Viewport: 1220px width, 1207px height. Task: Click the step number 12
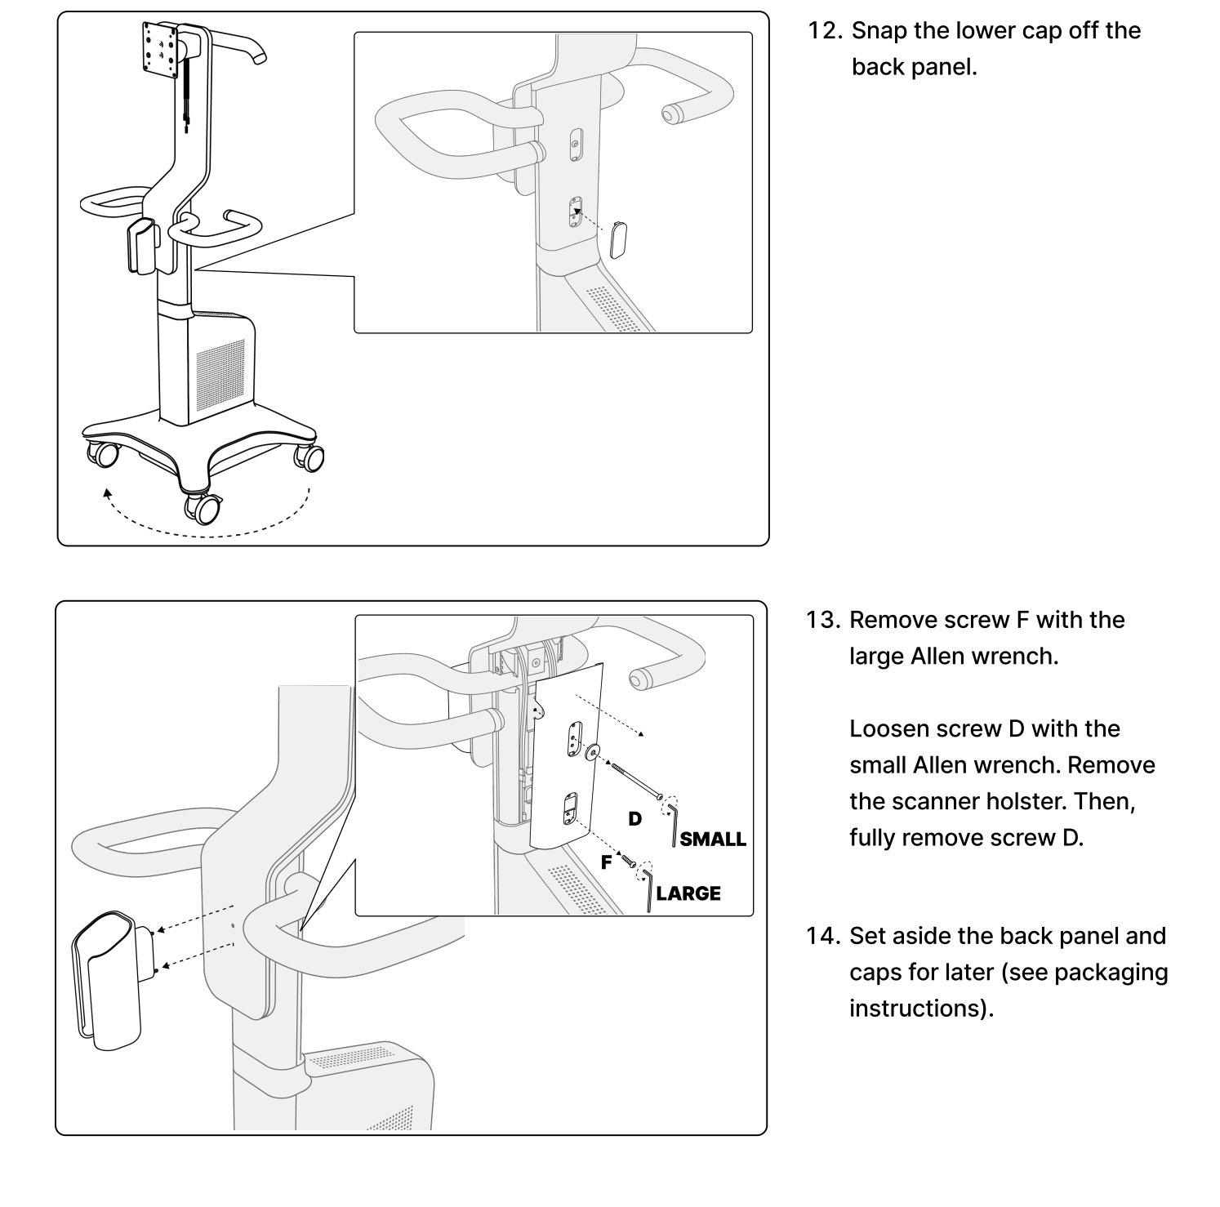click(825, 31)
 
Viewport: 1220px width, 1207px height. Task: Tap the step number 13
click(823, 620)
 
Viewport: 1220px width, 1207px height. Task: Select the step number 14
click(823, 936)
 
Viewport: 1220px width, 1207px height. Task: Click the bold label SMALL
click(713, 840)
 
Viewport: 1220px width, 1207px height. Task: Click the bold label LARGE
click(688, 893)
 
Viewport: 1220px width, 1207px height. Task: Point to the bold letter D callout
click(634, 818)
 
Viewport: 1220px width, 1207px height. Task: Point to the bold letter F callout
click(606, 862)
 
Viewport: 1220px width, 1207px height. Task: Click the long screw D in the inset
click(631, 777)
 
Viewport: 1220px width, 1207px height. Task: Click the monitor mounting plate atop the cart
click(158, 50)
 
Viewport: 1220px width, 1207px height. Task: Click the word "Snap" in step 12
click(878, 31)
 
